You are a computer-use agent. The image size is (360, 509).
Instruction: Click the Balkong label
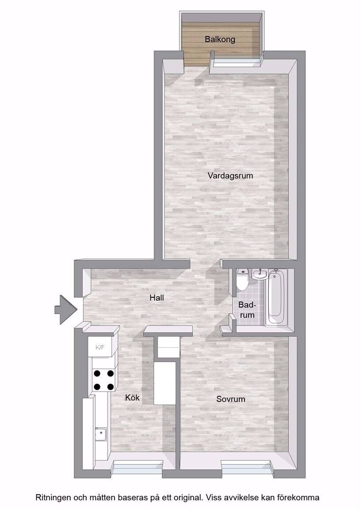click(220, 40)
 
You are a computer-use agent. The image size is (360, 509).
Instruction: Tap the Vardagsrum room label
click(230, 176)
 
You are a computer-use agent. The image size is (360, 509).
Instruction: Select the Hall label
click(157, 298)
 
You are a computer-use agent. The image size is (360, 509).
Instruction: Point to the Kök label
click(132, 397)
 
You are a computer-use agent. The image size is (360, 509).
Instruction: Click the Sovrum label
click(231, 399)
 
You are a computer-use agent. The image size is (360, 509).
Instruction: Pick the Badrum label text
click(247, 310)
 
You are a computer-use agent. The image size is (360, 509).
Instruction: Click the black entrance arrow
click(65, 310)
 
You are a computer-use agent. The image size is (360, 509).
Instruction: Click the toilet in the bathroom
click(242, 279)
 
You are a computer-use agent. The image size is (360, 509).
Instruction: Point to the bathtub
click(276, 298)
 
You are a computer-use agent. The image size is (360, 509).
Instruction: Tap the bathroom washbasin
click(259, 275)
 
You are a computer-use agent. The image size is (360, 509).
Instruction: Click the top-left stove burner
click(97, 373)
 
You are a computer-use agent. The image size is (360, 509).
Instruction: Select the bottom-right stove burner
click(111, 387)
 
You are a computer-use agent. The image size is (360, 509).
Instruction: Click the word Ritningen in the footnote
click(53, 498)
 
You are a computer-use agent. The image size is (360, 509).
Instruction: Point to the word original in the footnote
click(186, 498)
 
